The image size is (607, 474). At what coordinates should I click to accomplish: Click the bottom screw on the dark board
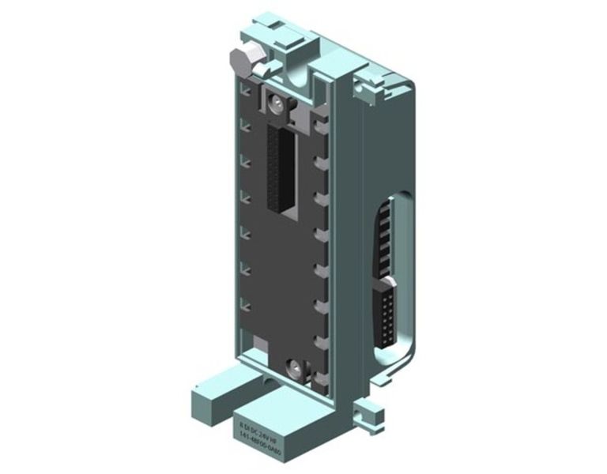tap(294, 366)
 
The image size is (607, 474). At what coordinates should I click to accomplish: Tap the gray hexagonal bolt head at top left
tap(236, 60)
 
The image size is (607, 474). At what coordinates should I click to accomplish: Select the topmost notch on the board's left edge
tap(247, 93)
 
